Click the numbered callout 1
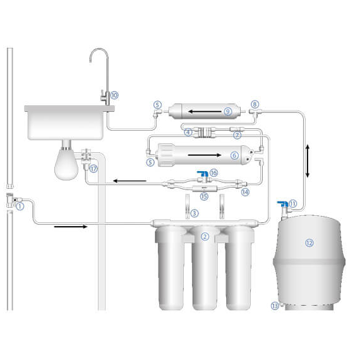click(20, 205)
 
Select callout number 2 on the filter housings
click(204, 236)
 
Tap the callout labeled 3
click(195, 213)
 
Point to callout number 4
click(188, 133)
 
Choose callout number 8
click(255, 104)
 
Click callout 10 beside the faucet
click(114, 95)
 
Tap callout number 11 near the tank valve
click(293, 203)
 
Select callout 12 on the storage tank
click(309, 242)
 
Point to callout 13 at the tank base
click(275, 306)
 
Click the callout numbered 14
click(246, 191)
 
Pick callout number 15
click(204, 196)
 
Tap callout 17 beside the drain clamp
click(93, 169)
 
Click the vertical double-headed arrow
click(308, 161)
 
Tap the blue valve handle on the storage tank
click(282, 204)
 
